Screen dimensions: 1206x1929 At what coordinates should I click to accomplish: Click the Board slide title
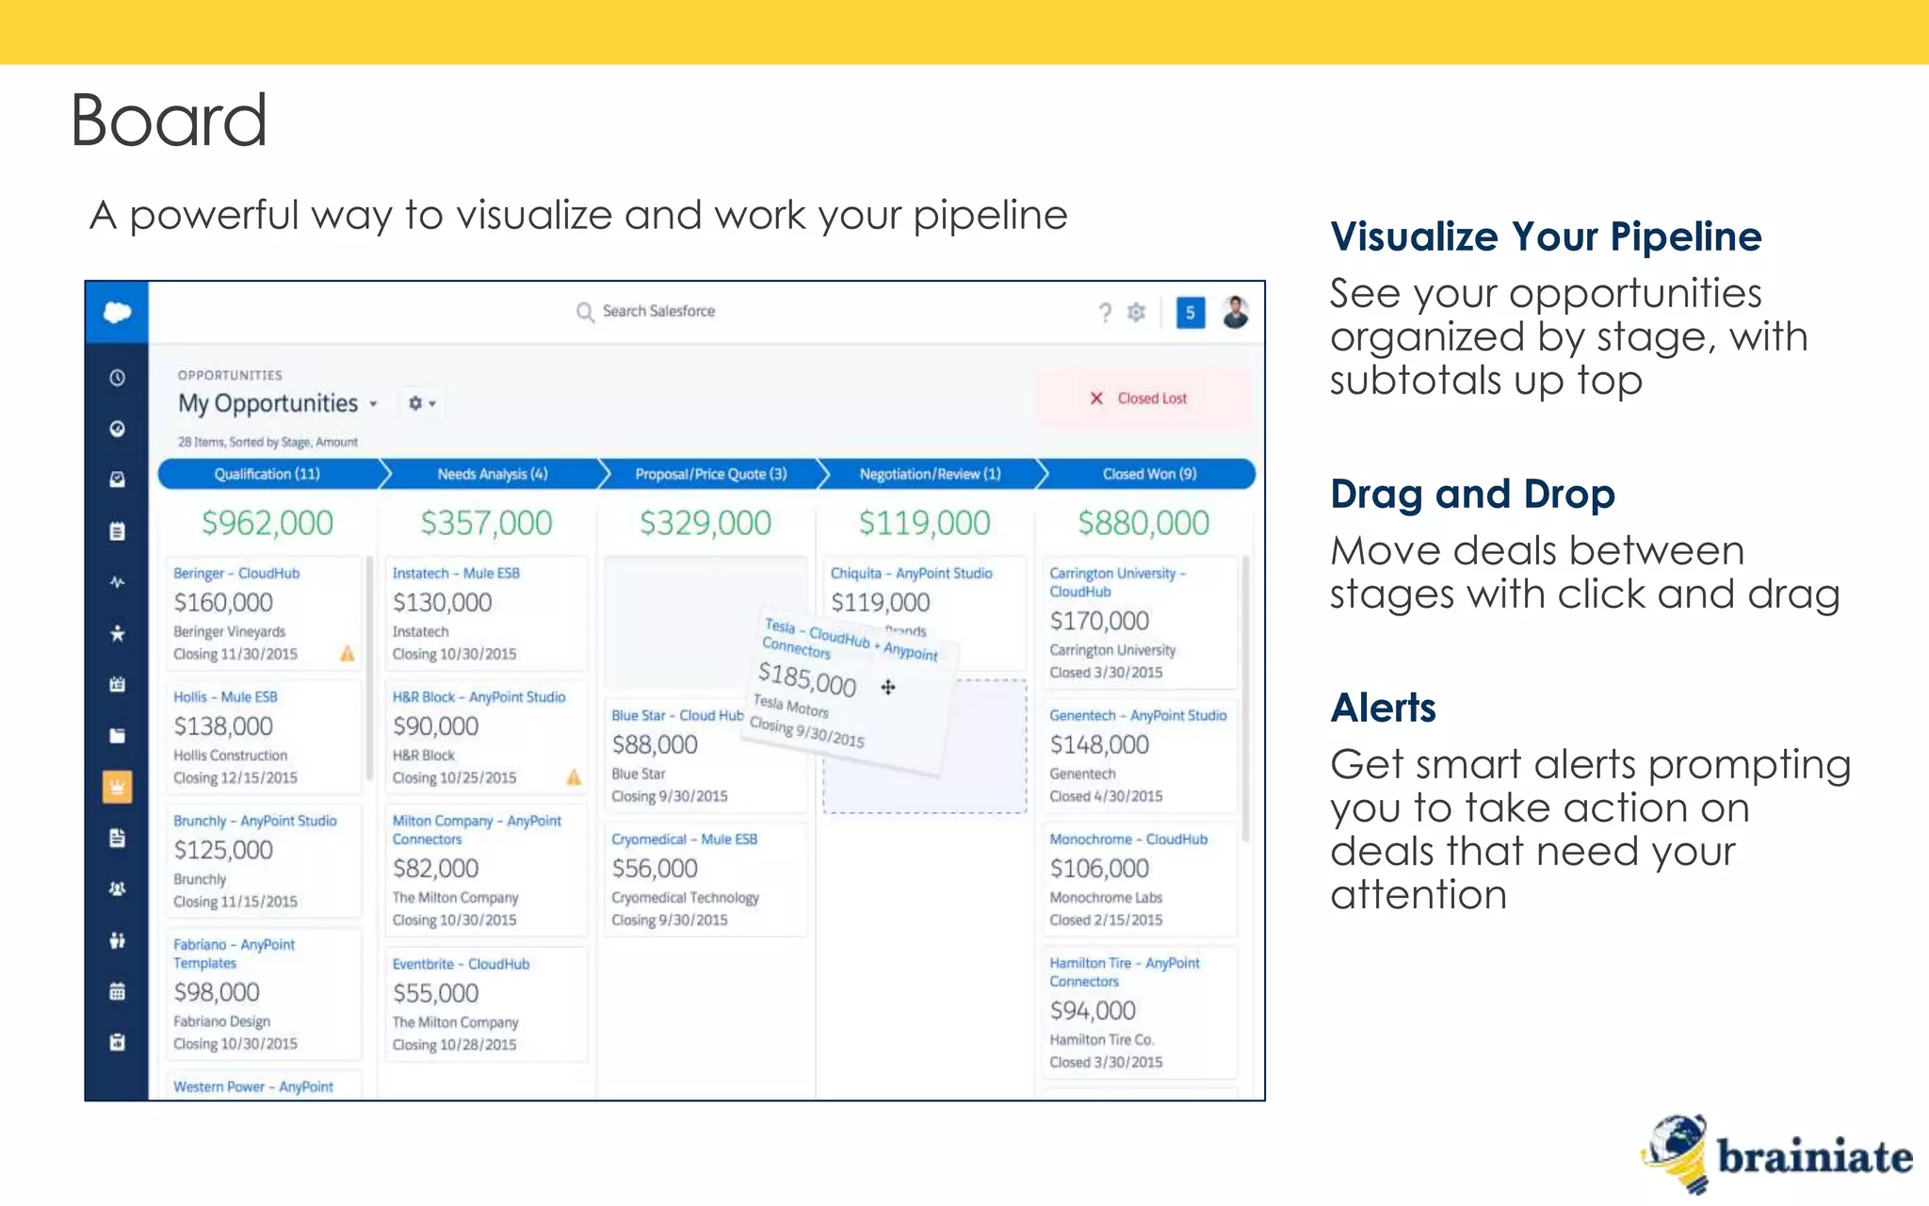169,121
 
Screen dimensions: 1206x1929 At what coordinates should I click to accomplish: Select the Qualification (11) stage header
267,474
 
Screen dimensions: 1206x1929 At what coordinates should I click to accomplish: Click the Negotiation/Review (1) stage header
930,474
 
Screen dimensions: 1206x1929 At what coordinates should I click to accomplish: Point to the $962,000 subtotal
267,523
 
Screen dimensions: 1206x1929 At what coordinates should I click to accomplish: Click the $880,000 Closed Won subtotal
1143,523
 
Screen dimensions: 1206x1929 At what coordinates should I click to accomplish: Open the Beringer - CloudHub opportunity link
236,573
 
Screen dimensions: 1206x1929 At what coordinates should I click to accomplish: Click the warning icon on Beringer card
348,653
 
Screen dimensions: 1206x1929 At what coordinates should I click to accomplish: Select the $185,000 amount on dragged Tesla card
807,678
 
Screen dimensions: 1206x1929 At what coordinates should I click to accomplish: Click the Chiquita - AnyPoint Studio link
911,573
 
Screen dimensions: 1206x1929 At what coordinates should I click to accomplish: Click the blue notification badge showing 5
1190,313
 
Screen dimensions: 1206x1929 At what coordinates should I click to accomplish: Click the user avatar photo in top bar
1235,312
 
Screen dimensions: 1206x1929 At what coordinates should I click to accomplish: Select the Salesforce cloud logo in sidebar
117,312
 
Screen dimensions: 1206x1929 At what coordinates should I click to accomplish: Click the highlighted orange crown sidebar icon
117,786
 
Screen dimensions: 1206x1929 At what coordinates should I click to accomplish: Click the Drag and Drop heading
1472,494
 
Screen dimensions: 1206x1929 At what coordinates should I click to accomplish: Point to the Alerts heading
1383,708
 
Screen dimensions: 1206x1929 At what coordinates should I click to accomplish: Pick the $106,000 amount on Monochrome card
1099,868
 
